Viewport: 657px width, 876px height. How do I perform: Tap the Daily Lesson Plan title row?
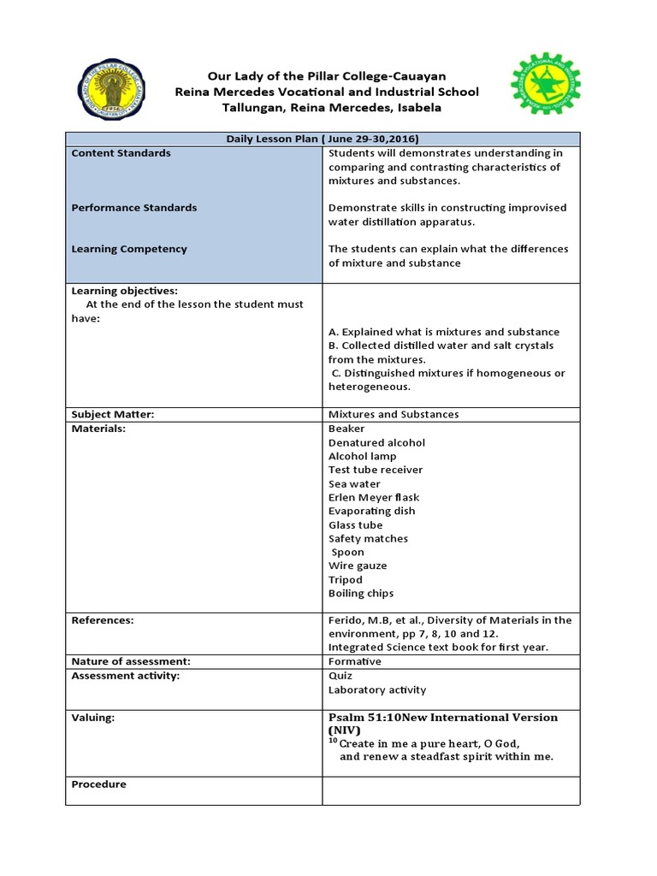(323, 139)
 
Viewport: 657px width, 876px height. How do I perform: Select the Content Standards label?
(121, 153)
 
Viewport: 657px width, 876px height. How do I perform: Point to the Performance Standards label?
(133, 208)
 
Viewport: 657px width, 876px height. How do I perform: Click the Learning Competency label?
(128, 249)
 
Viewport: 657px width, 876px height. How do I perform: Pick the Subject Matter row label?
(112, 414)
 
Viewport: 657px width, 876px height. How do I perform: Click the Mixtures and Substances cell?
(394, 414)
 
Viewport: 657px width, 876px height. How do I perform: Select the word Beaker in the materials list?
(346, 429)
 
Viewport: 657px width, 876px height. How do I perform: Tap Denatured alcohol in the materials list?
(376, 442)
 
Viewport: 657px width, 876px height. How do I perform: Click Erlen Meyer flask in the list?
(374, 497)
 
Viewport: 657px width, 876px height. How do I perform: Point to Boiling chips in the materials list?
(361, 593)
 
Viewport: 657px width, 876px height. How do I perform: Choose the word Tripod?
(346, 579)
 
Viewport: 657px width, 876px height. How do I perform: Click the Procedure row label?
(98, 784)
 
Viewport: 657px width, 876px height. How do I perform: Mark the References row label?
(103, 620)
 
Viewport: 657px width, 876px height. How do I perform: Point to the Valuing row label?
(92, 719)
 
